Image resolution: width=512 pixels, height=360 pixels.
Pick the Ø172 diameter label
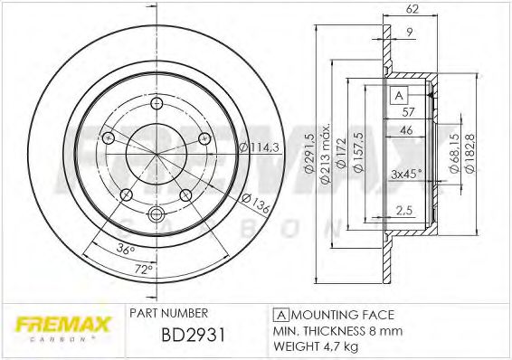341,153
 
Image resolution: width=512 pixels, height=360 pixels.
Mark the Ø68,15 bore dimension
452,153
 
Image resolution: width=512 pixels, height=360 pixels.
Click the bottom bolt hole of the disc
155,214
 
